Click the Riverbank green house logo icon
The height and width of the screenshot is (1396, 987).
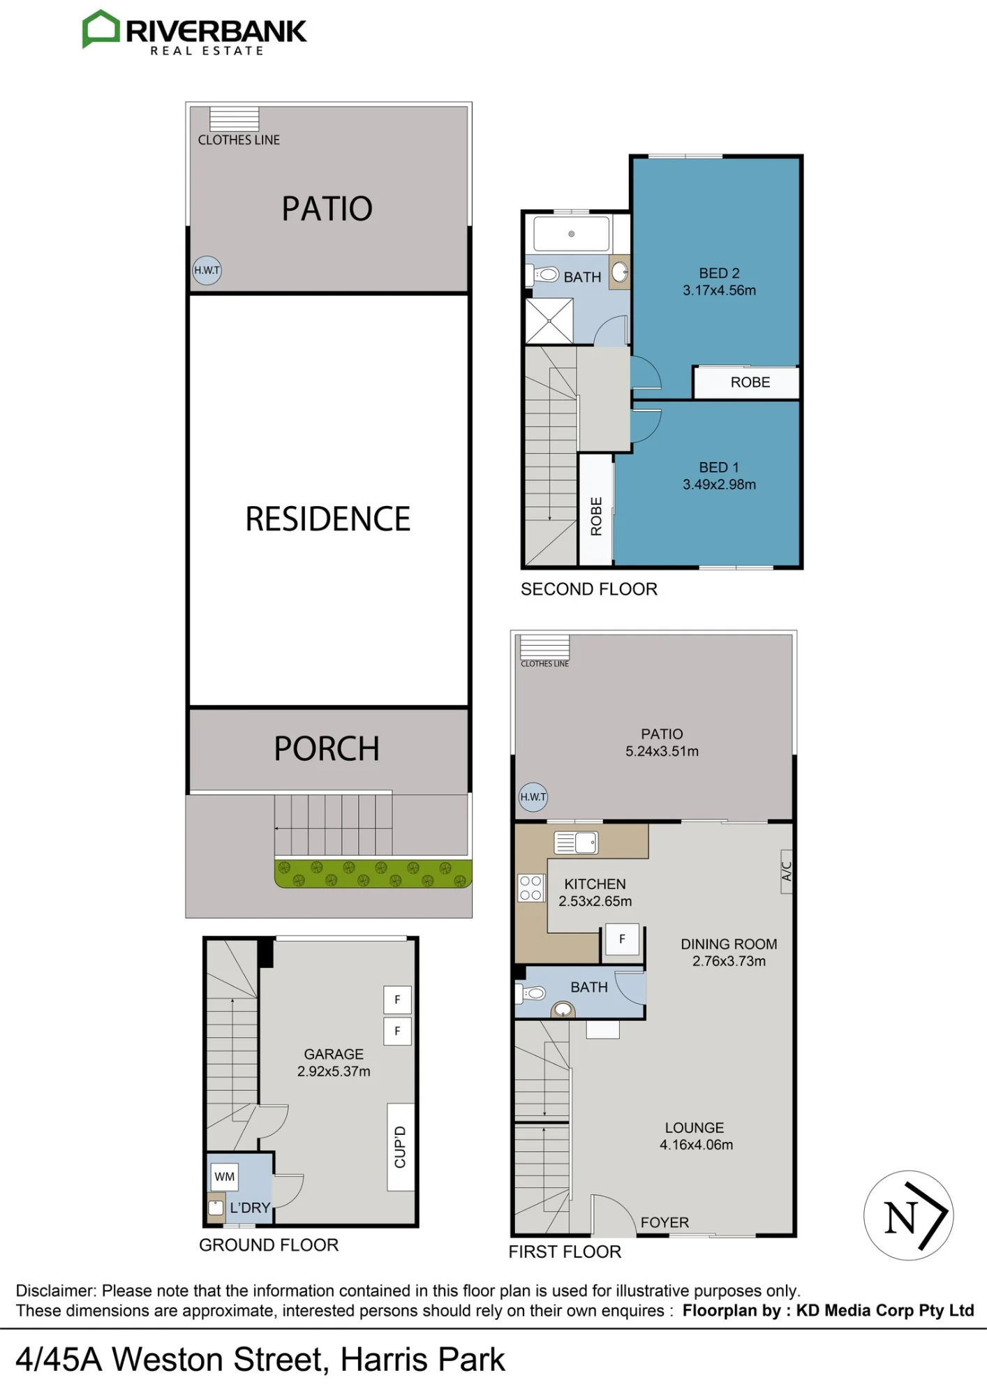(101, 29)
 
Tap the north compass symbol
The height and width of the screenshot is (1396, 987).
(908, 1215)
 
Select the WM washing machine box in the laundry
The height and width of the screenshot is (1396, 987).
(224, 1177)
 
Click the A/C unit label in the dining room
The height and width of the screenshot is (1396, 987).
(787, 871)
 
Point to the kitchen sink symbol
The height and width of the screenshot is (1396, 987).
(576, 842)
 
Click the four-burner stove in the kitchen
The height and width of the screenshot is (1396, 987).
(530, 888)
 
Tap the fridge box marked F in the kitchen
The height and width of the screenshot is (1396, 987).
(622, 940)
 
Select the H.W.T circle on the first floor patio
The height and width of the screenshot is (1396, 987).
(533, 797)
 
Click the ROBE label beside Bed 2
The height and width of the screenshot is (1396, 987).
(750, 383)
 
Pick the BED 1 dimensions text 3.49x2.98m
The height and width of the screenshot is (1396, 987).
(719, 484)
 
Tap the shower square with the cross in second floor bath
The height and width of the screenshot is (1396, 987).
(549, 321)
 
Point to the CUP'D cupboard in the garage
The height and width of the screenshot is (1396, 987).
(400, 1147)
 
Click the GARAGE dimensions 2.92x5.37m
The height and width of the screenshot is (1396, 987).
(334, 1071)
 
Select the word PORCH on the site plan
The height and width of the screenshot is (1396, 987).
(327, 749)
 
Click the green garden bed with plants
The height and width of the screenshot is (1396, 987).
(373, 873)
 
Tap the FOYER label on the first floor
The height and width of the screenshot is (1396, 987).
(665, 1222)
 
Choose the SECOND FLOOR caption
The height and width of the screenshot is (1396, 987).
(589, 589)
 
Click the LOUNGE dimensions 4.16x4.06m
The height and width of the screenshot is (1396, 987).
(696, 1145)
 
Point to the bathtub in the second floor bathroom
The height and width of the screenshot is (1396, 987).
(572, 234)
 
